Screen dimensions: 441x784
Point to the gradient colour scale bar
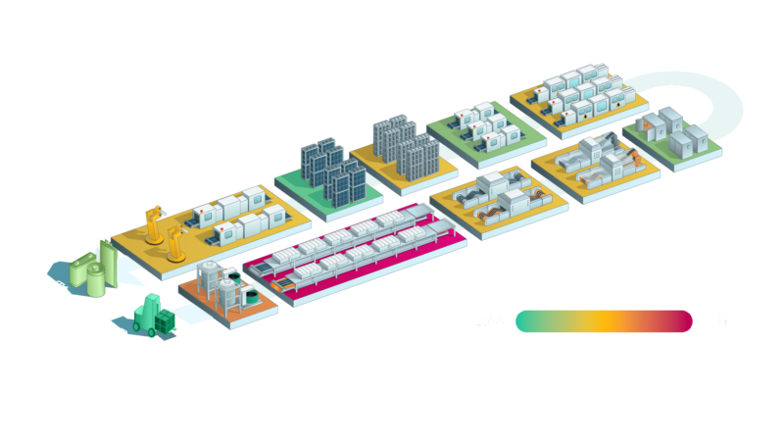(x=604, y=321)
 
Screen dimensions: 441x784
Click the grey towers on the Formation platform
(x=402, y=142)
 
